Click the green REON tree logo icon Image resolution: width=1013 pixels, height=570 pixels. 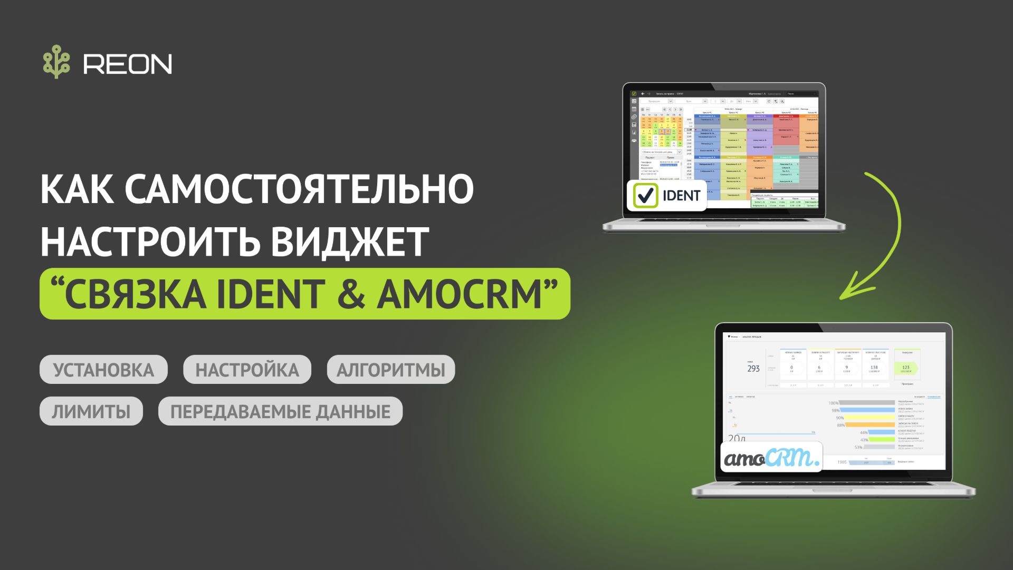pyautogui.click(x=56, y=62)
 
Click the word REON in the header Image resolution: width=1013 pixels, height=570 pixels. pyautogui.click(x=128, y=64)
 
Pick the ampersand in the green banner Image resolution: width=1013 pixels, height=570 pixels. pyautogui.click(x=350, y=294)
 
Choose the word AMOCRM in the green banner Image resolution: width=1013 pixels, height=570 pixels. pyautogui.click(x=460, y=294)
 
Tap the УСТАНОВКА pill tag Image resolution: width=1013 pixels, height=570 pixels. pyautogui.click(x=103, y=370)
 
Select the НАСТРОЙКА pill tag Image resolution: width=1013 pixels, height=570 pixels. pyautogui.click(x=247, y=370)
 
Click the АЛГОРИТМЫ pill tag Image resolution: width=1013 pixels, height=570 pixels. pyautogui.click(x=391, y=370)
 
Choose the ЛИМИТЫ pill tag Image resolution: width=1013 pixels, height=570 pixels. pyautogui.click(x=91, y=411)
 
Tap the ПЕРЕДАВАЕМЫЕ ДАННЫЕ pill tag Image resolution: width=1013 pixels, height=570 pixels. pyautogui.click(x=280, y=411)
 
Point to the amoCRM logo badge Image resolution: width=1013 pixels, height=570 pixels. pyautogui.click(x=771, y=457)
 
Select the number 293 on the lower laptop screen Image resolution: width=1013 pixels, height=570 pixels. pyautogui.click(x=753, y=369)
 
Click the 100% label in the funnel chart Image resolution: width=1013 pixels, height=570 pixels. pyautogui.click(x=833, y=403)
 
